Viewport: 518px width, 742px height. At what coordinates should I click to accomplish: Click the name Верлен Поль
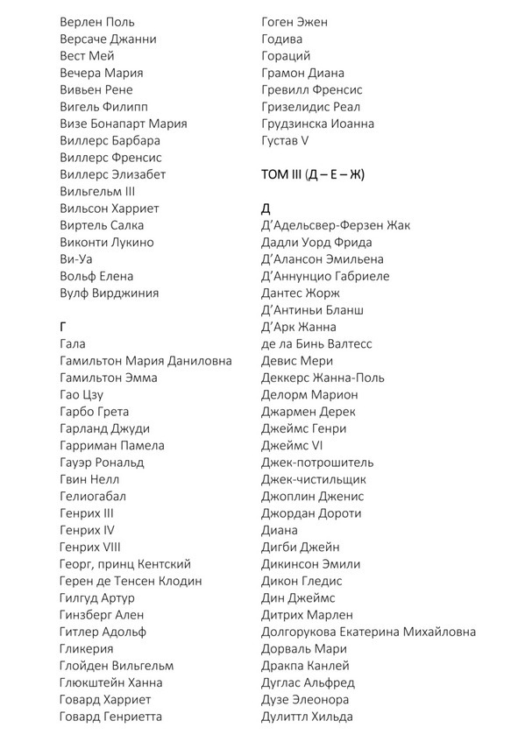pos(97,22)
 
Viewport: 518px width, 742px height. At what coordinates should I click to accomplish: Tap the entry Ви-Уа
pos(76,259)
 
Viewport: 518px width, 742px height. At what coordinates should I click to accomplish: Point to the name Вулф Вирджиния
pos(110,293)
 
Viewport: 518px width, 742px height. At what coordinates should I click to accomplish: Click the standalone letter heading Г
pos(64,327)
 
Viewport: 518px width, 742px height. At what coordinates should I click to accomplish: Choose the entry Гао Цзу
pos(82,395)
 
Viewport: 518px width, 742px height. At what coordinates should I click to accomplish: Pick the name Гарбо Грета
pos(95,412)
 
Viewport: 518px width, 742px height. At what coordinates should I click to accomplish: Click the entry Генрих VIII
pos(89,548)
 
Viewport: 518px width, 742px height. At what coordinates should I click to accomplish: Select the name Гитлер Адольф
pos(103,632)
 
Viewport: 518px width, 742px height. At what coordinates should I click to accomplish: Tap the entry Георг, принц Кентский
pos(125,564)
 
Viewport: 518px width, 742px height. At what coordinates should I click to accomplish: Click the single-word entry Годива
pos(282,39)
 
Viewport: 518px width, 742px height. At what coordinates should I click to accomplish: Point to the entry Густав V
pos(285,140)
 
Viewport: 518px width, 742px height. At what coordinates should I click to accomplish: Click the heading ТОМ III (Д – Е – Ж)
pos(313,174)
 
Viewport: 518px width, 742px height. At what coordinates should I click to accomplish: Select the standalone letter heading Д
pos(266,208)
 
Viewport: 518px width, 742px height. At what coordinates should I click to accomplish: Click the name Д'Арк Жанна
pos(300,327)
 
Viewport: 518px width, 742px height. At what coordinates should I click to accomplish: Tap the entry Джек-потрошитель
pos(317,463)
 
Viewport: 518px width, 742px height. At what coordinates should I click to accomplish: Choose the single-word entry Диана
pos(280,530)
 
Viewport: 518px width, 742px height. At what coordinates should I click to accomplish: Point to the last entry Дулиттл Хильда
pos(307,717)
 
